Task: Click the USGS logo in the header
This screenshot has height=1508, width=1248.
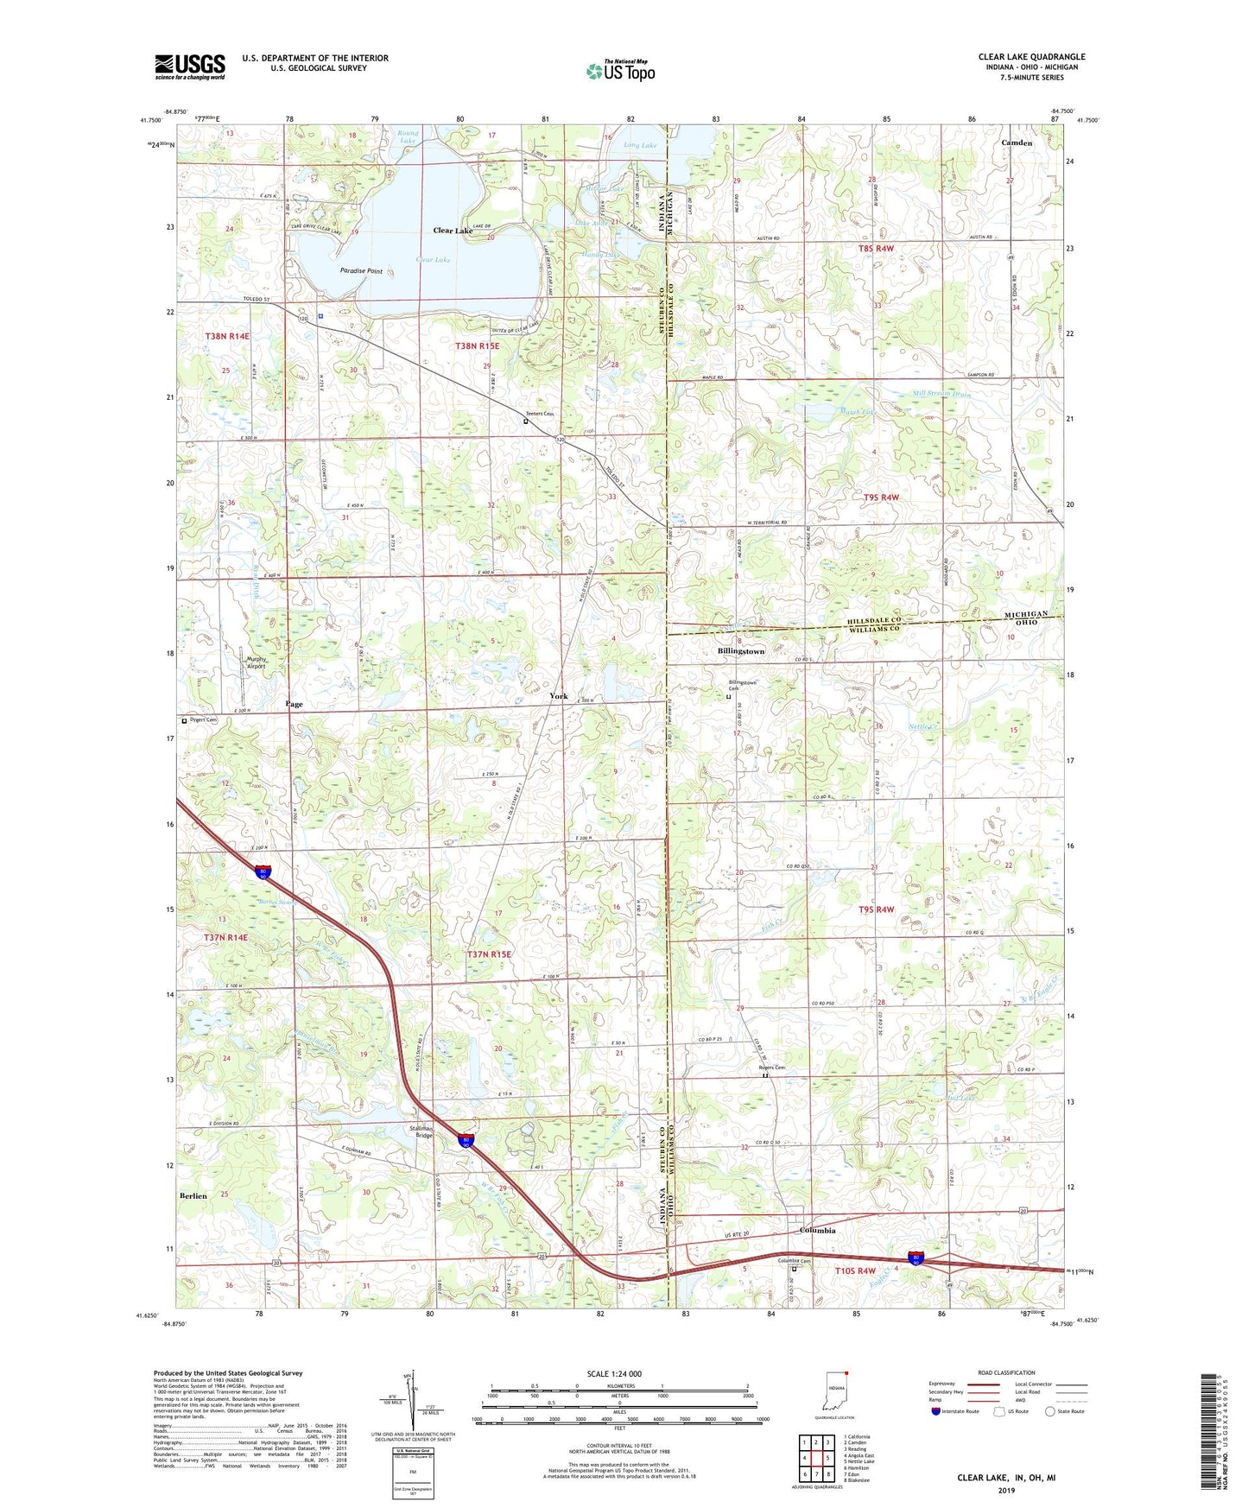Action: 189,67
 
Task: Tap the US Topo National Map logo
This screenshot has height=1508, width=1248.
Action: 620,70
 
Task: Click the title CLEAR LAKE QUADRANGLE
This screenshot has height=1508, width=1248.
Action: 1031,57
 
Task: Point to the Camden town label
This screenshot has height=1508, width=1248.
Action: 1017,143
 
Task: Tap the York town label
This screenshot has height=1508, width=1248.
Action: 559,695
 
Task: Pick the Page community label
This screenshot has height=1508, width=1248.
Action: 294,704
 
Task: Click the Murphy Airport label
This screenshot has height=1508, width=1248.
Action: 250,663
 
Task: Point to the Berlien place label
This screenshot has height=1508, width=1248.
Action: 193,1195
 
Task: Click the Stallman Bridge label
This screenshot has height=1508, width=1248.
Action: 420,1131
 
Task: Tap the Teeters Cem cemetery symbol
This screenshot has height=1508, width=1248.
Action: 525,422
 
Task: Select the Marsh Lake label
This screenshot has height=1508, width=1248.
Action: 857,412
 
